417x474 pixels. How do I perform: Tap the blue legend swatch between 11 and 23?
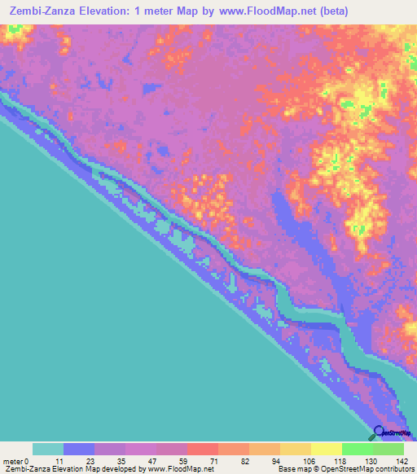coord(79,449)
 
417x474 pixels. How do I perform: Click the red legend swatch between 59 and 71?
coord(203,449)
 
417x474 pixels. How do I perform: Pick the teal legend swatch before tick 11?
coord(48,449)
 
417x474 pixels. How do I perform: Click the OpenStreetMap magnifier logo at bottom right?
coord(380,432)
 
